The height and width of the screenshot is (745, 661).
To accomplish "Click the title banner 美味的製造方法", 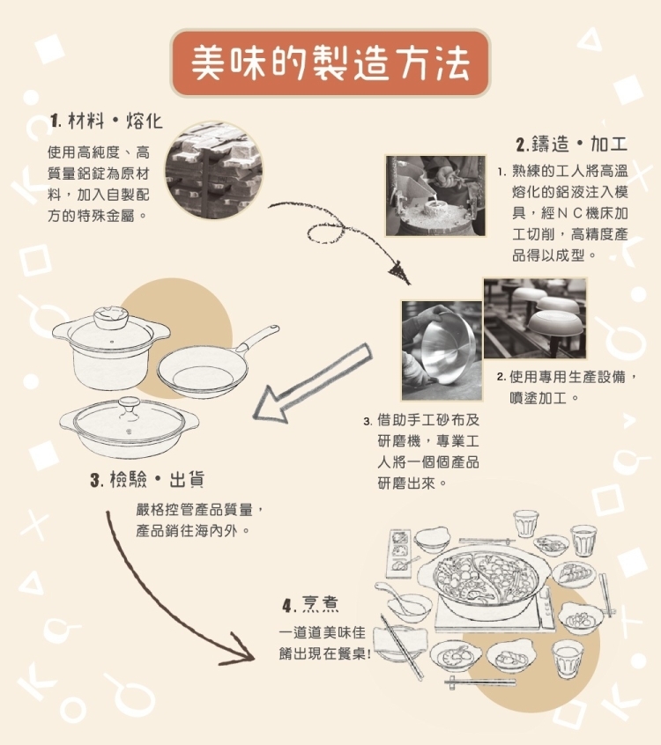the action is pyautogui.click(x=330, y=63).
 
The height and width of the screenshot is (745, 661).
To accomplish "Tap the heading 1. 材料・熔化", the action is pyautogui.click(x=107, y=122).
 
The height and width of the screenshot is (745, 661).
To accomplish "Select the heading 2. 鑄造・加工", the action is pyautogui.click(x=572, y=144).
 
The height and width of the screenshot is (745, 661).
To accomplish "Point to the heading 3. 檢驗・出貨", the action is pyautogui.click(x=147, y=479).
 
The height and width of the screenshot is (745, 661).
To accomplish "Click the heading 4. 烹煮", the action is pyautogui.click(x=310, y=605).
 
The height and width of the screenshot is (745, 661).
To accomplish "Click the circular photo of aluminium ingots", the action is pyautogui.click(x=214, y=170).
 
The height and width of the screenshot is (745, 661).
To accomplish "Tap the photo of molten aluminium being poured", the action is pyautogui.click(x=435, y=195).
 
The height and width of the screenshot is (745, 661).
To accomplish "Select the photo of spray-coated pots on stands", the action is pyautogui.click(x=535, y=318).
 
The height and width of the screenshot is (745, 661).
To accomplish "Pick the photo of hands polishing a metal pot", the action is pyautogui.click(x=442, y=350).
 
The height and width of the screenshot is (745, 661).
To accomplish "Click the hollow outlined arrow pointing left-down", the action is pyautogui.click(x=311, y=383).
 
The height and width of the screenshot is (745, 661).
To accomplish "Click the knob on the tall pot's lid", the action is pyautogui.click(x=110, y=318).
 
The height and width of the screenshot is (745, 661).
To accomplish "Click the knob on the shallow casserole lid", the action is pyautogui.click(x=129, y=408).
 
